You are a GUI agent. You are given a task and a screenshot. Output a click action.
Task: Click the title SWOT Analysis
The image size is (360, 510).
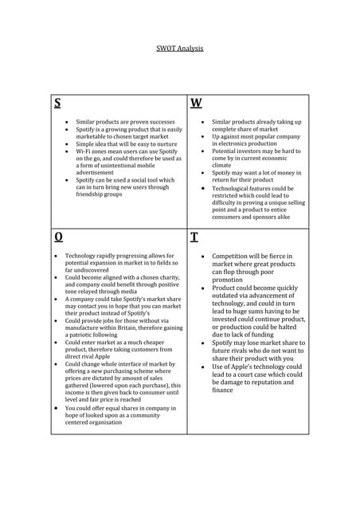(x=179, y=49)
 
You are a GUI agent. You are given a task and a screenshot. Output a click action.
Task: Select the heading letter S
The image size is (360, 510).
(x=57, y=103)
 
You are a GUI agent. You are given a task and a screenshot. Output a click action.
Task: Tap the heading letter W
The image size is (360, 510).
(x=196, y=103)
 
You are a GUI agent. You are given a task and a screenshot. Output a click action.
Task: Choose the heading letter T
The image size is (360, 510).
(x=195, y=237)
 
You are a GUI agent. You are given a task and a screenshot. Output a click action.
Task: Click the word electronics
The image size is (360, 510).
(x=237, y=143)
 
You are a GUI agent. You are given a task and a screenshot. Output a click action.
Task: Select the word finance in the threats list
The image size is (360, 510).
(x=223, y=390)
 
